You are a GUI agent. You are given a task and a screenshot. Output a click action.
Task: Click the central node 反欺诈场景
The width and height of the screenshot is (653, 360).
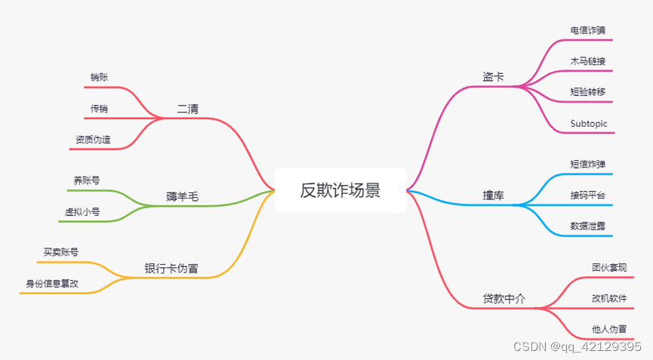coord(340,190)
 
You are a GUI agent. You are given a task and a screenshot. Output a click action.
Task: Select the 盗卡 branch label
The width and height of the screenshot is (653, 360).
coord(494,77)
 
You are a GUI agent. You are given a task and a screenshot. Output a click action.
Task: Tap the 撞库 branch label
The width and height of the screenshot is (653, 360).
coord(494,195)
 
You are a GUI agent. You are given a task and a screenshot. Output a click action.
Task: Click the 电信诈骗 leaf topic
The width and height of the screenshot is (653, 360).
coord(588,30)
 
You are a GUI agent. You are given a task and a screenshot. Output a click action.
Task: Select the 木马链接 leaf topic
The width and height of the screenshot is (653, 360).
coord(588,61)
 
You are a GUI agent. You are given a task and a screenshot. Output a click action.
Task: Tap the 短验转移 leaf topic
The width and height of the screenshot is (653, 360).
coord(588,92)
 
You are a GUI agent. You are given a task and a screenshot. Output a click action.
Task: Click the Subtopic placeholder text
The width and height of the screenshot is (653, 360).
coord(589,123)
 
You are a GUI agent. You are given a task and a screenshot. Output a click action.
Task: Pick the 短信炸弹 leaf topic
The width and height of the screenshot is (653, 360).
coord(588,164)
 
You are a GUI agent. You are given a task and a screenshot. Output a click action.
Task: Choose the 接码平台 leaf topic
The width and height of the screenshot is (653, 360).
coord(588,195)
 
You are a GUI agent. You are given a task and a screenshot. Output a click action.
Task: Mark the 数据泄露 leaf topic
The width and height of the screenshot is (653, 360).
coord(588,226)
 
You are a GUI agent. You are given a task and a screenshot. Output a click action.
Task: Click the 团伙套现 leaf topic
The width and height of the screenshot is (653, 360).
coord(609,267)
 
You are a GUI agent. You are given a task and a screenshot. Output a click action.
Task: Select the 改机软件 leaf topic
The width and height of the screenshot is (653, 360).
coord(609,298)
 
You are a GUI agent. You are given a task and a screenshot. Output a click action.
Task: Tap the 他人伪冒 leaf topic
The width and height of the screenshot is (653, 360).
coord(609,329)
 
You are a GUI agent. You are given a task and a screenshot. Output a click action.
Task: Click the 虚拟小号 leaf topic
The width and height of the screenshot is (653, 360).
coord(82,212)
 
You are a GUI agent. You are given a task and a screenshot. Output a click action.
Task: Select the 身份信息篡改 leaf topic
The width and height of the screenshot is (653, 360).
coord(52,284)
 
